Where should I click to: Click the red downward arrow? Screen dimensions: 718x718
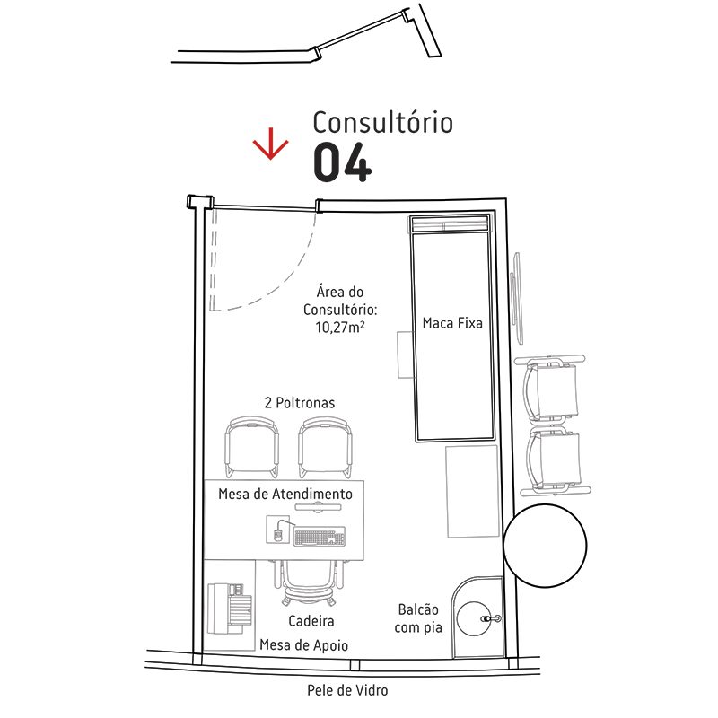271,144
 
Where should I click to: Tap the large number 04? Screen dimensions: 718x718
343,162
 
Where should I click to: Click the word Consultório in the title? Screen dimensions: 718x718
383,122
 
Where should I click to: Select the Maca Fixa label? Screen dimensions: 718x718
452,323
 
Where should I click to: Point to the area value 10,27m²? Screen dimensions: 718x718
340,327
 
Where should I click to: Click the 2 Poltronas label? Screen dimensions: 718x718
300,402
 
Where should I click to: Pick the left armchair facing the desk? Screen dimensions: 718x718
252,447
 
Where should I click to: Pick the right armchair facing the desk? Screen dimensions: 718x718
326,447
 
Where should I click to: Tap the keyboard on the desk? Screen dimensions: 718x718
320,537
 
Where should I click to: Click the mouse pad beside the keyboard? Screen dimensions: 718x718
278,530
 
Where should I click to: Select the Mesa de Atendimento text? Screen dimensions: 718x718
285,494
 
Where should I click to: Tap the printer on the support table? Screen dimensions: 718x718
230,609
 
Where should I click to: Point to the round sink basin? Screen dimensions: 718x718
474,618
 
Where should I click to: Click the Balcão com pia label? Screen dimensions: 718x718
418,618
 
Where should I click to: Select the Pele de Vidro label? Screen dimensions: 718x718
347,690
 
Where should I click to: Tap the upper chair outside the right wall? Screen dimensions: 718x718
551,389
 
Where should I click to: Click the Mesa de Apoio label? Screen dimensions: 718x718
303,644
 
